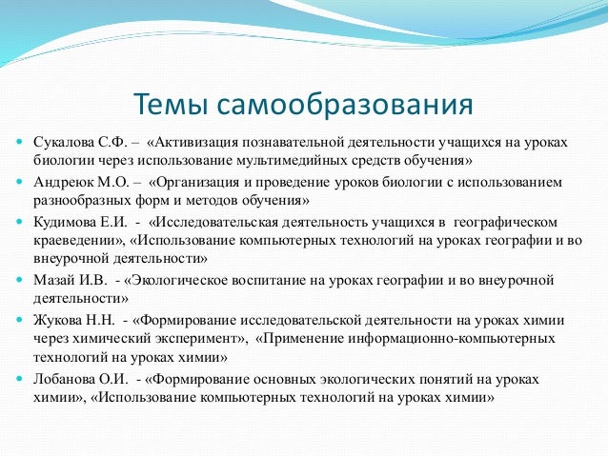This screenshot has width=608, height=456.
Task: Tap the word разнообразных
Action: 82,200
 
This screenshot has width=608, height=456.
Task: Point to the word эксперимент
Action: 199,338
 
